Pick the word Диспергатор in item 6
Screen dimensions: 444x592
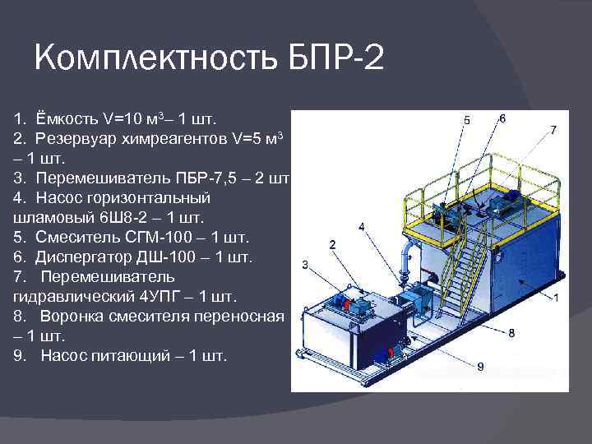coord(86,257)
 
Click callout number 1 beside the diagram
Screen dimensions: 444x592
coord(556,298)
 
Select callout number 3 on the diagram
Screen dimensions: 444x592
coord(305,265)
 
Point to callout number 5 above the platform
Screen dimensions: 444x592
coord(467,120)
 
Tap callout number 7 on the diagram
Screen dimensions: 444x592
coord(553,130)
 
